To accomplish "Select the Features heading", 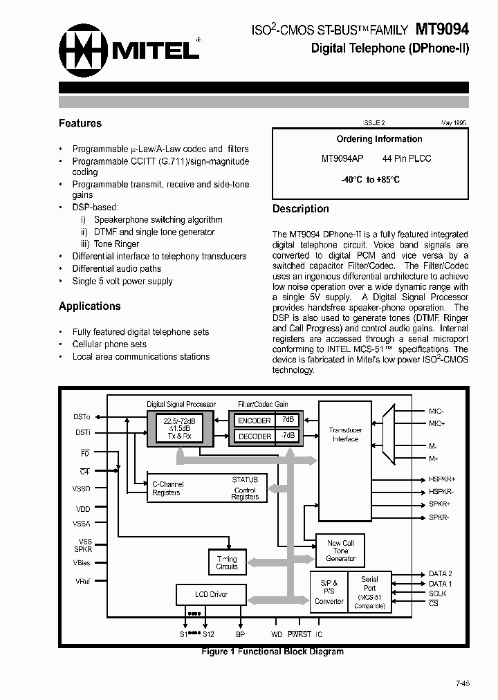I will tap(80, 123).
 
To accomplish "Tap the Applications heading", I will tap(89, 306).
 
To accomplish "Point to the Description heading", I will tap(300, 209).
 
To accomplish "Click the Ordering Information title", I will tap(379, 139).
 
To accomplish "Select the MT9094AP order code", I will tap(342, 158).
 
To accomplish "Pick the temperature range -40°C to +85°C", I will tap(370, 179).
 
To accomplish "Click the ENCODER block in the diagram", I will tap(255, 421).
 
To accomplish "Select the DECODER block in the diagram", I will tap(255, 436).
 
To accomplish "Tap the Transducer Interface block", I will tap(345, 434).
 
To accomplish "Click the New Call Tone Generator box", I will tap(340, 551).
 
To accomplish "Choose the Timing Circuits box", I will tap(227, 562).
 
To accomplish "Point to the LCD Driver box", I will tap(211, 594).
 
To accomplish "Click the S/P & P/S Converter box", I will tap(329, 592).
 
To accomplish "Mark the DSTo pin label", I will tap(81, 417).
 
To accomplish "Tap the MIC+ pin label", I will tap(436, 423).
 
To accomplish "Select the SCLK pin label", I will tap(438, 593).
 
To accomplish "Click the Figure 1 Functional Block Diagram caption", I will tap(272, 652).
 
